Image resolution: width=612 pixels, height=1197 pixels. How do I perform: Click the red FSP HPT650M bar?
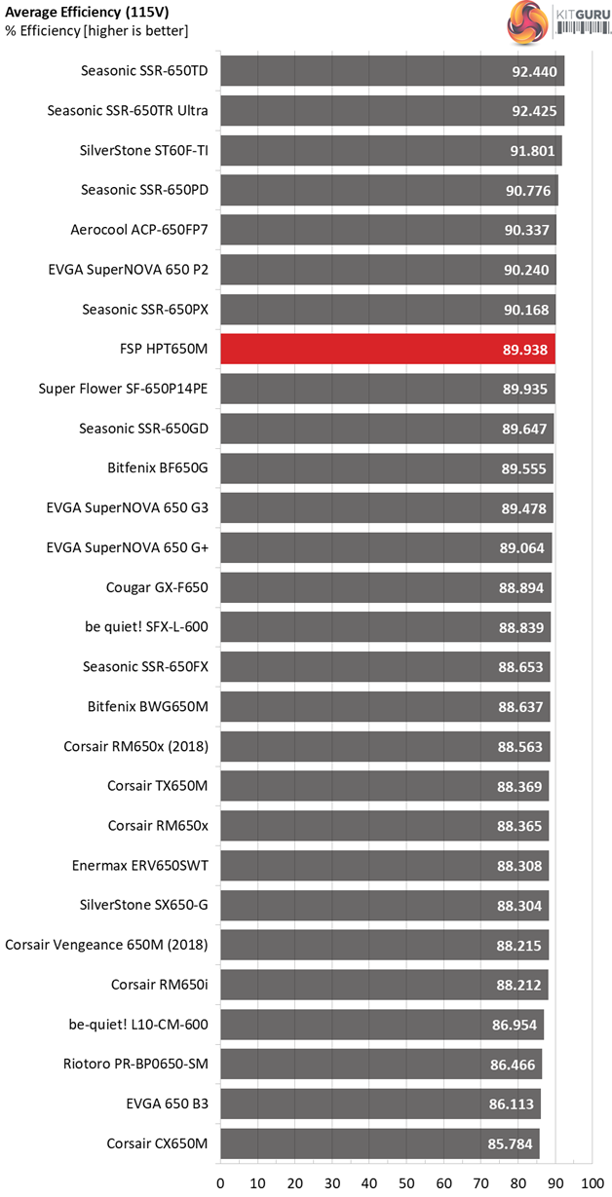pos(388,349)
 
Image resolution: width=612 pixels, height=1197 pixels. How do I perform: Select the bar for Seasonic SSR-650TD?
pos(392,71)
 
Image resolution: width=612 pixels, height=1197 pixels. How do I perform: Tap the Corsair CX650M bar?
pos(380,1143)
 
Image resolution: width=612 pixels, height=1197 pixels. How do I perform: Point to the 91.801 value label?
pos(531,151)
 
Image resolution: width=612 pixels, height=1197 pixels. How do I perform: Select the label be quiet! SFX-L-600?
pos(146,627)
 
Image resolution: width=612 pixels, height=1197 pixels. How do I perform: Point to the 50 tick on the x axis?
pos(406,1182)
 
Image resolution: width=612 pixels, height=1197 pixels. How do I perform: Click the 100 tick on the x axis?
pos(592,1182)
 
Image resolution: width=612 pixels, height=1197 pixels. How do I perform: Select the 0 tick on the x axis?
pos(221,1182)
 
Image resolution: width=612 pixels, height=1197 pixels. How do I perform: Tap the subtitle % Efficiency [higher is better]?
pos(96,31)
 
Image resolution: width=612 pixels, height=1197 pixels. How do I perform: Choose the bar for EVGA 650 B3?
pos(380,1103)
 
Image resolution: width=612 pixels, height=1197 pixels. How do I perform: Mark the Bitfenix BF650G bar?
pos(387,468)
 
